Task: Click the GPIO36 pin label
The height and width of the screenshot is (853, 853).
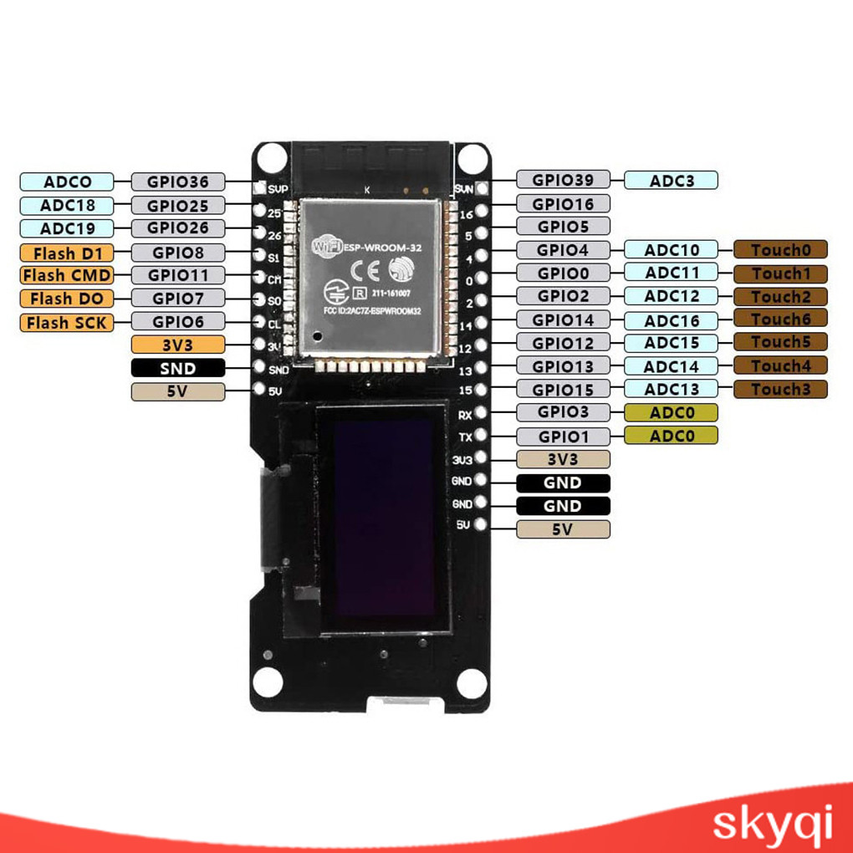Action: (177, 181)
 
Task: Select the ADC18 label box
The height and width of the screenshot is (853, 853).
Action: (67, 206)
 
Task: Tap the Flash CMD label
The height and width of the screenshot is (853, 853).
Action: (65, 275)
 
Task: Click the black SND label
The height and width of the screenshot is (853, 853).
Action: (177, 368)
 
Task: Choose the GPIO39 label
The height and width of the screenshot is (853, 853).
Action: (563, 180)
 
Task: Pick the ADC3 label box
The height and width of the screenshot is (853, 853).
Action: (671, 180)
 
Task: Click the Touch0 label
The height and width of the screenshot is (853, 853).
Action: (780, 249)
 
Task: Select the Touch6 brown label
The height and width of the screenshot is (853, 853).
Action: (780, 319)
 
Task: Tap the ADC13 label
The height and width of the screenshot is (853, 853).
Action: (671, 389)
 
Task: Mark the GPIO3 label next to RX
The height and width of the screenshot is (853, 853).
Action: (563, 411)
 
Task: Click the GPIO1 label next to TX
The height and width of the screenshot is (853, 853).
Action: (563, 436)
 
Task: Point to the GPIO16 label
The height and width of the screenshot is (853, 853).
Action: (563, 204)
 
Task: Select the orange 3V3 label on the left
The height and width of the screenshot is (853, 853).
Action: (177, 344)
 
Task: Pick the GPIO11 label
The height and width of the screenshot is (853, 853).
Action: (177, 275)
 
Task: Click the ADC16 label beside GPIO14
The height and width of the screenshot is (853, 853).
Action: (671, 320)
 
